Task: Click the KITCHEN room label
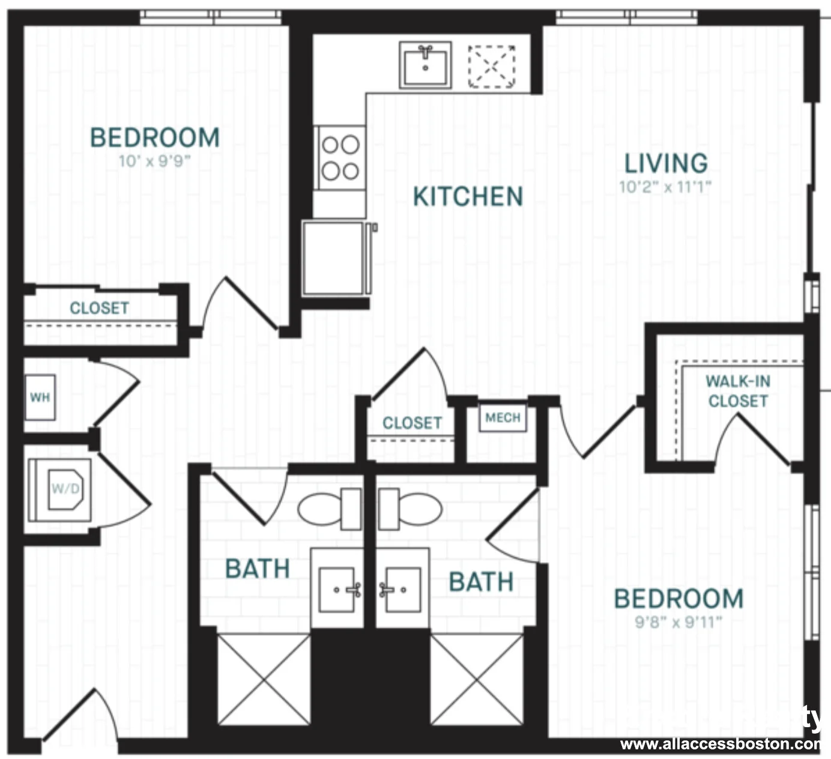468,197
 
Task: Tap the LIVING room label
666,163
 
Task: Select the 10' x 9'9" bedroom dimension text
154,161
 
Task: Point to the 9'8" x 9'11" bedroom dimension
678,621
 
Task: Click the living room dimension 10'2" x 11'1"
665,187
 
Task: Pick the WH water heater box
40,398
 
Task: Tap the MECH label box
503,418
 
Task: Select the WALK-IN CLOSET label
738,391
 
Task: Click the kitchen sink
425,65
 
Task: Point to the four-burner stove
340,157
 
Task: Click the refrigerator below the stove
334,258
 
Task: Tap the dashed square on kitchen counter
491,66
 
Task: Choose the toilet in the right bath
411,509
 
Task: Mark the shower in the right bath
477,679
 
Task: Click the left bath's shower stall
264,679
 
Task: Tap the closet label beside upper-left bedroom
99,308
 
